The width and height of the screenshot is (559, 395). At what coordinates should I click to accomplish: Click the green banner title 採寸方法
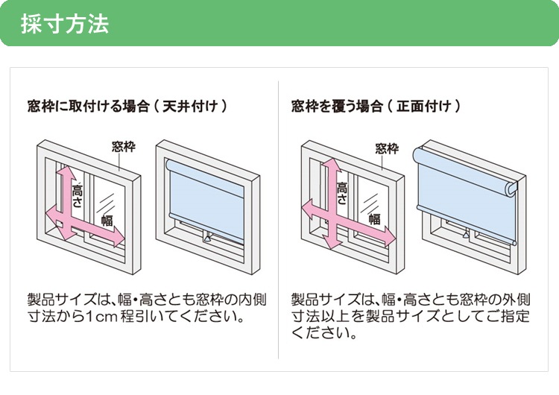tap(65, 23)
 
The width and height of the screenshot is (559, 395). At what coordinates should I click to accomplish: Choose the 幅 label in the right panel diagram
tap(374, 218)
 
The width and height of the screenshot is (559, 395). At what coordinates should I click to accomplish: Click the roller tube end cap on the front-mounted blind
tap(511, 189)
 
